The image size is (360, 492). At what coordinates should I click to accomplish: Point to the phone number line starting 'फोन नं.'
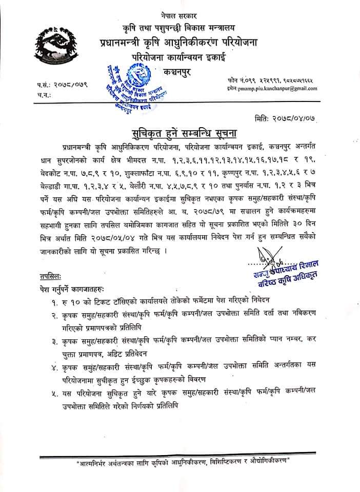click(272, 80)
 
